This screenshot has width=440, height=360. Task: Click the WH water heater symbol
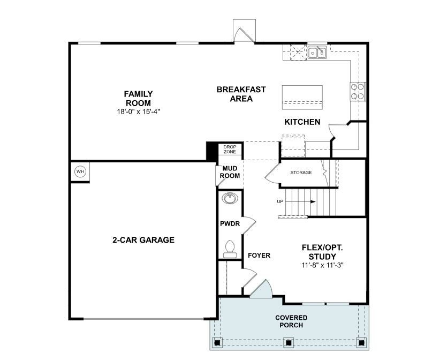pyautogui.click(x=80, y=171)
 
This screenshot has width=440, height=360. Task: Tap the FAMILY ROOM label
pyautogui.click(x=138, y=99)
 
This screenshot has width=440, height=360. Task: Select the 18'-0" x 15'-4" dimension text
pyautogui.click(x=138, y=111)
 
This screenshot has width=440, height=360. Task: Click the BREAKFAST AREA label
pyautogui.click(x=241, y=94)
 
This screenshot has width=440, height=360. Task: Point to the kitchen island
pyautogui.click(x=302, y=95)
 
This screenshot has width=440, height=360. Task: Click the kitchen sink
pyautogui.click(x=317, y=52)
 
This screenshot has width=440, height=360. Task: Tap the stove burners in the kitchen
pyautogui.click(x=358, y=91)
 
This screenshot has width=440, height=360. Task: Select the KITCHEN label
pyautogui.click(x=302, y=122)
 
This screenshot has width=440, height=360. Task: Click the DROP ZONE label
pyautogui.click(x=230, y=149)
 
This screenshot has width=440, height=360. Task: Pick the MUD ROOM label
pyautogui.click(x=230, y=172)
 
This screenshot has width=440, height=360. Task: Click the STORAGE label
pyautogui.click(x=301, y=172)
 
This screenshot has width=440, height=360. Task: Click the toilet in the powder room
pyautogui.click(x=230, y=248)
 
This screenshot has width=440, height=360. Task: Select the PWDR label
pyautogui.click(x=230, y=223)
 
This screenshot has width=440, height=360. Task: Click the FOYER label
pyautogui.click(x=259, y=256)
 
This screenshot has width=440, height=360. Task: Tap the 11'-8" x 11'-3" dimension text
pyautogui.click(x=322, y=265)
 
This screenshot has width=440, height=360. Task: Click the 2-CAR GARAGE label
pyautogui.click(x=143, y=240)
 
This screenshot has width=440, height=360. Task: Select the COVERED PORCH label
pyautogui.click(x=291, y=321)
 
